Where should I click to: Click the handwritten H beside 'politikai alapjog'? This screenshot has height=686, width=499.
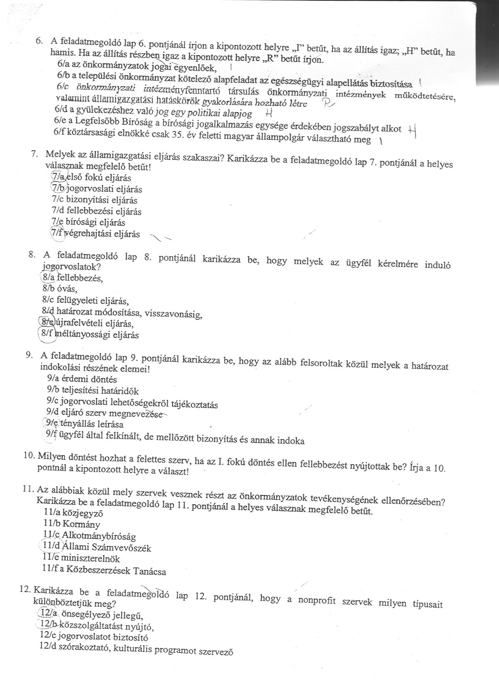coord(268,113)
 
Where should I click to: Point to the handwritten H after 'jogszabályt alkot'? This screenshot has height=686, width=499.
coord(412,130)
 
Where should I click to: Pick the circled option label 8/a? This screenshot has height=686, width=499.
coord(49,277)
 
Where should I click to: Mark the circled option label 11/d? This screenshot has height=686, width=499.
coord(50,547)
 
